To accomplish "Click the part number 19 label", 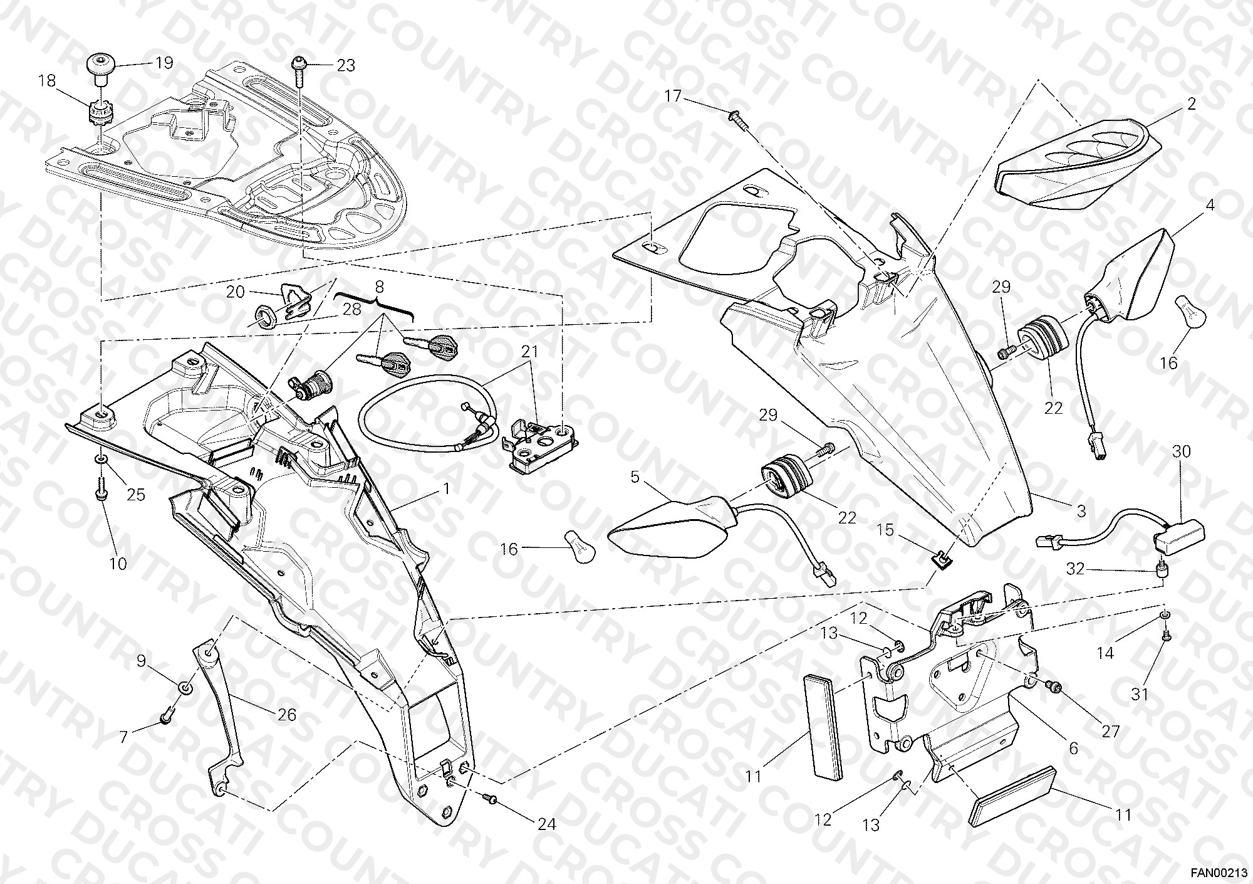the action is [x=164, y=63].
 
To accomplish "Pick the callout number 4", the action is [x=1210, y=206].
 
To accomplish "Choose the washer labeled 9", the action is [x=185, y=688].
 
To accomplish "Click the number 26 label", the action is [x=287, y=715].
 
